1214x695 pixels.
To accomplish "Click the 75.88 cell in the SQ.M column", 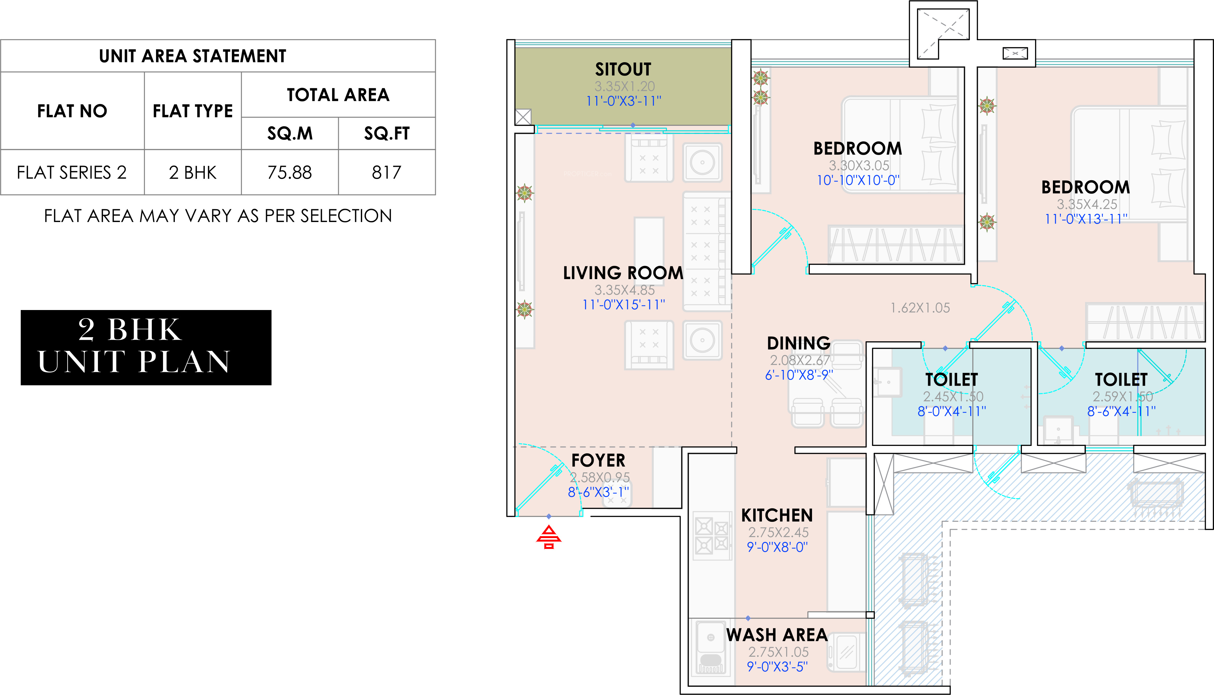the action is [x=289, y=172].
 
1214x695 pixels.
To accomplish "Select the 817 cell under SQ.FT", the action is [x=387, y=172].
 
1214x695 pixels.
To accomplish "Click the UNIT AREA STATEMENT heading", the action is [x=192, y=56].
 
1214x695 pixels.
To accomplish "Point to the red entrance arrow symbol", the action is [x=549, y=537].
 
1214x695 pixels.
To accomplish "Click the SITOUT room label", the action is [x=623, y=70].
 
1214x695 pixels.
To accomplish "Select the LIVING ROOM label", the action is [x=623, y=273].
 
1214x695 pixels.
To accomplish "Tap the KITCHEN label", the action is [x=777, y=515].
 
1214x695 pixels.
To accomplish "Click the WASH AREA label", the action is [x=777, y=635].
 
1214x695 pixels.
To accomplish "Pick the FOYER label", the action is [x=598, y=461].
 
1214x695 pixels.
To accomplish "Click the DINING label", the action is [x=799, y=343].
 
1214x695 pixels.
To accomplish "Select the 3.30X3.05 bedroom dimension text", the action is [x=859, y=166].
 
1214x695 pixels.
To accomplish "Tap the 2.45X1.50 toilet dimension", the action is [x=953, y=397].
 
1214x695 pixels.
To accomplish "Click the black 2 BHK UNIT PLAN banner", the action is [x=146, y=348].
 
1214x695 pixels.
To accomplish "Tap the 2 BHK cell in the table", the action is [x=192, y=172].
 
